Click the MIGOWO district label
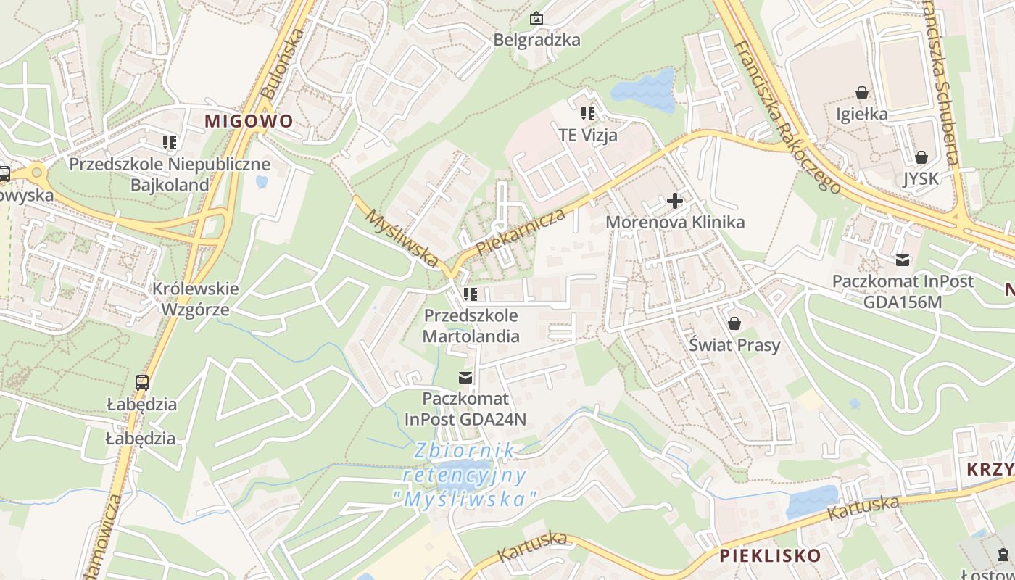pos(249,121)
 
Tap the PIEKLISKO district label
pos(770,556)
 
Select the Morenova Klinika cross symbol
pos(675,200)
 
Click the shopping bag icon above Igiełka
pos(862,93)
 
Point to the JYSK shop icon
pos(921,157)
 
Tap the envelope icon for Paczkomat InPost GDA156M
pos(903,260)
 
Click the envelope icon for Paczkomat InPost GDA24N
pos(465,377)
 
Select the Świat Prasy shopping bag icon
pos(734,323)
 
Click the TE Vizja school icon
pos(587,113)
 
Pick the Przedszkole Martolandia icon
pos(471,294)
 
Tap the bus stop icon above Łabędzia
pos(142,382)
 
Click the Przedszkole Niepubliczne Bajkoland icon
pos(170,143)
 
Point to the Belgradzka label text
pos(536,40)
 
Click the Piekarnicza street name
pos(521,232)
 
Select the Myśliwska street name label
pos(402,237)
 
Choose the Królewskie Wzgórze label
pos(195,299)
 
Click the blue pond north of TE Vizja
pos(645,89)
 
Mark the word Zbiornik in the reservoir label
pos(464,451)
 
